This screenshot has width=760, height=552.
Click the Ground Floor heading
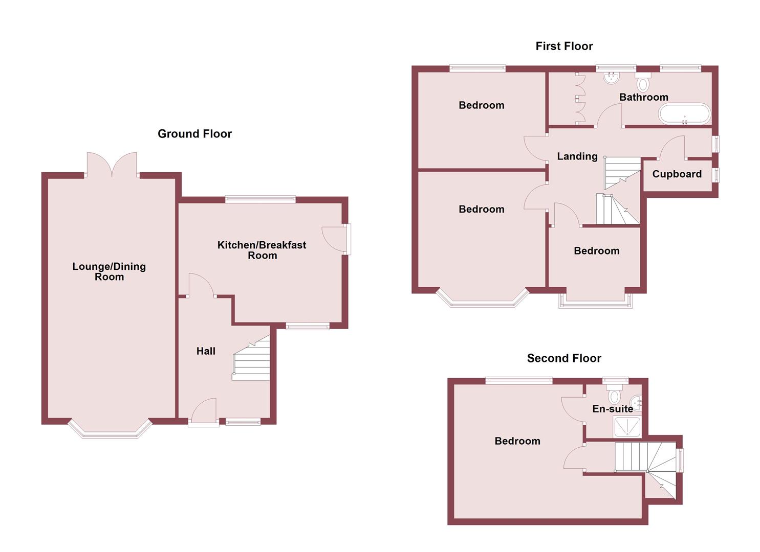194,134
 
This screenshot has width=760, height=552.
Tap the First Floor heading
564,46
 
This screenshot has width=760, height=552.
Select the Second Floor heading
564,358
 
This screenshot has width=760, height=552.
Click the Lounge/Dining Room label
109,271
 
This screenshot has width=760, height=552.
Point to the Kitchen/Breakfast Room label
262,250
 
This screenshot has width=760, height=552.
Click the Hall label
206,351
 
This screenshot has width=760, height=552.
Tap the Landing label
577,156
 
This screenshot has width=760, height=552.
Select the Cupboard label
677,174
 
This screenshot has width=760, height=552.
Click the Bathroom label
643,97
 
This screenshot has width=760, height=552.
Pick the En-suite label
613,409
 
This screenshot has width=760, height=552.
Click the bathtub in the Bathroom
684,114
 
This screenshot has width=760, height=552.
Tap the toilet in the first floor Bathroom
643,83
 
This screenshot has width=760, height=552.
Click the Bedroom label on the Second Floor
517,441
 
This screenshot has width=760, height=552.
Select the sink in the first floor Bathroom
611,78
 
